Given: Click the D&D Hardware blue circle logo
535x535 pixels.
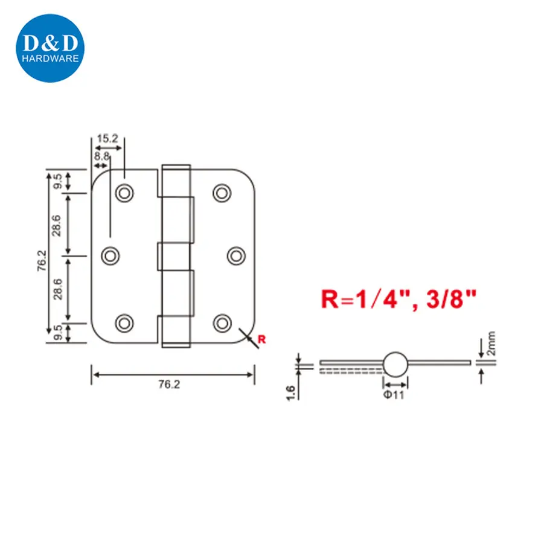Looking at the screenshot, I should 49,49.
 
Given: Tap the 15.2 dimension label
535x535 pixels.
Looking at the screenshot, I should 107,139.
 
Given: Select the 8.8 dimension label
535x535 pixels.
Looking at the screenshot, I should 100,156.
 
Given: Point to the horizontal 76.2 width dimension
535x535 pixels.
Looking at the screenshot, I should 174,383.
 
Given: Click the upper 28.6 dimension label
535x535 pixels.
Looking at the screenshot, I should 56,224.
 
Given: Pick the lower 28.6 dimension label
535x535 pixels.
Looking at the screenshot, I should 56,289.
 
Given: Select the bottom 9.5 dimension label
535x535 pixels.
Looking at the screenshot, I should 56,332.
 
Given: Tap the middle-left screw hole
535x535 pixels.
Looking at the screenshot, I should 110,256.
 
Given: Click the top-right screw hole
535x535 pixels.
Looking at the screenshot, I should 222,192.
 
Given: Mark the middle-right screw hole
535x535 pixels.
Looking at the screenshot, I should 236,256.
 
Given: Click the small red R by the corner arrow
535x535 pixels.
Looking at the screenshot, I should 261,339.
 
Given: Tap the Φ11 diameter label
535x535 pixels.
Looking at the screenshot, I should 396,396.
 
